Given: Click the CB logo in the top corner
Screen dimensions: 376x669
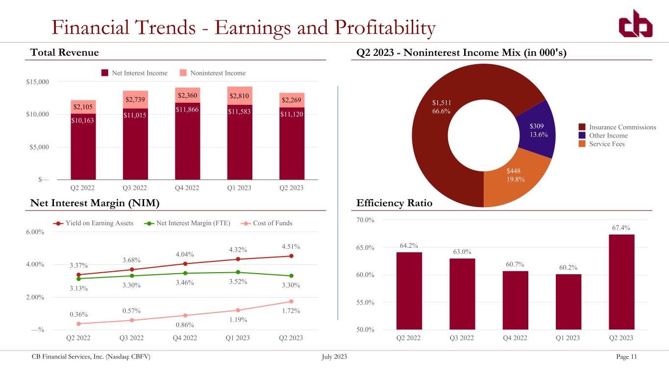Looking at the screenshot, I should click(x=635, y=25).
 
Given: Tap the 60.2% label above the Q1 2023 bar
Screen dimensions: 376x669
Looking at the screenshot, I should click(x=568, y=267).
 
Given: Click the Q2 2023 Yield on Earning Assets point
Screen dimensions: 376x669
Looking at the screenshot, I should click(x=291, y=256).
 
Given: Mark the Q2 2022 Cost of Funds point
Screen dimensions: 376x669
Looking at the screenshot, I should click(x=78, y=324).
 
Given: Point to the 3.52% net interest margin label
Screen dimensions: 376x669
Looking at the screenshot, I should click(x=238, y=282).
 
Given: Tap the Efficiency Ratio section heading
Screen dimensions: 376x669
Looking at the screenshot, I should click(x=392, y=203).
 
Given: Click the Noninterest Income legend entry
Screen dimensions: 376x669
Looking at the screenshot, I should click(x=218, y=73).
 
